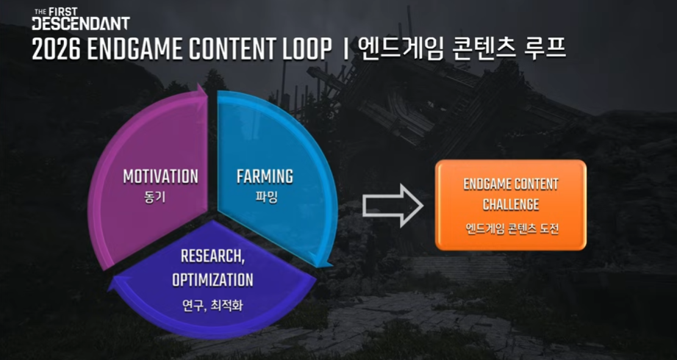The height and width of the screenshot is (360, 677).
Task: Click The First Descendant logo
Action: tap(81, 19)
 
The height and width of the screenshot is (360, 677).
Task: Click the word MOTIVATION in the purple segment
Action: tap(161, 176)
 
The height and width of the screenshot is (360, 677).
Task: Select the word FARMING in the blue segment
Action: tap(265, 176)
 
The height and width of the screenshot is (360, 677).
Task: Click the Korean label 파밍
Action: tap(266, 199)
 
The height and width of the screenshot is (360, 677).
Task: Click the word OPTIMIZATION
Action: tap(212, 280)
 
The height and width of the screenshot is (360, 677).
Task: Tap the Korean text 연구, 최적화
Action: tap(212, 306)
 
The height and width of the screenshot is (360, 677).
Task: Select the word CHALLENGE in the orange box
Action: tap(511, 204)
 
